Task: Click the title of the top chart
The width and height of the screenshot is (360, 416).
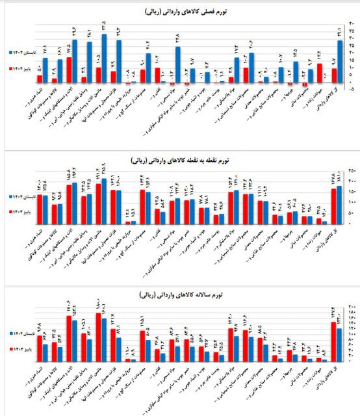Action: coord(180,12)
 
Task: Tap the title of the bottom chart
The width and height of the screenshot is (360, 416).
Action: coord(180,295)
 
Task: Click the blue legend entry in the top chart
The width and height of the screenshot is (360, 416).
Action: coord(18,51)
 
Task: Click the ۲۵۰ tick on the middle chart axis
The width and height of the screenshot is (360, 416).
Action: coord(352,170)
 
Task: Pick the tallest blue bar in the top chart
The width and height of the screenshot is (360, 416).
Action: coord(104,58)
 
